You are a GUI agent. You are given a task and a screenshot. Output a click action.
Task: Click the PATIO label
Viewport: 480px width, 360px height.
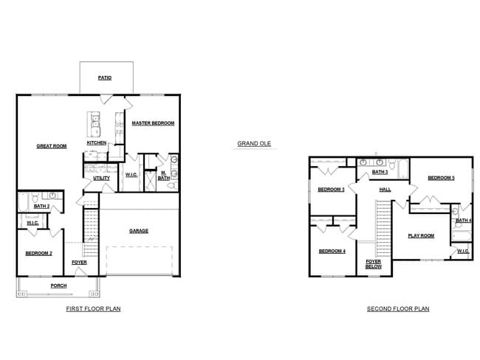(105, 77)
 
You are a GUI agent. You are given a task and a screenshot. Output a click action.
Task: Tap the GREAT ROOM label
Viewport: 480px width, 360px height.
(52, 146)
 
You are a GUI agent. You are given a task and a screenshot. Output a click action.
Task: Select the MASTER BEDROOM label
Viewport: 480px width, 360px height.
(153, 123)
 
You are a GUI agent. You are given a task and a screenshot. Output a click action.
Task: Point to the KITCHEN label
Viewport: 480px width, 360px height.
(97, 142)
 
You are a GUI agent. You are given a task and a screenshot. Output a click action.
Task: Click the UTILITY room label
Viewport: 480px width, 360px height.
(101, 178)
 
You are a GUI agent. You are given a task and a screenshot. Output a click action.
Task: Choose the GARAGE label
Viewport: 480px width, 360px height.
(139, 231)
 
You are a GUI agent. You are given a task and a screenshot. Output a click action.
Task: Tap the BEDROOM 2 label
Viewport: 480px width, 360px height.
(39, 253)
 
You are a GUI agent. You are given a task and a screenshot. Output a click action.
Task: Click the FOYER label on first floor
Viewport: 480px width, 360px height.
(79, 263)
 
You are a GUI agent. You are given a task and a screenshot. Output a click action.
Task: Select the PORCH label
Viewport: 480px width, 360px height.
(58, 285)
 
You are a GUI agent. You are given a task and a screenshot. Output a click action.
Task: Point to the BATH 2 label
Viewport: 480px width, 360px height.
(41, 207)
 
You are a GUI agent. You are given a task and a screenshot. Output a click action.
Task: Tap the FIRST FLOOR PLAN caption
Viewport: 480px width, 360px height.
(93, 309)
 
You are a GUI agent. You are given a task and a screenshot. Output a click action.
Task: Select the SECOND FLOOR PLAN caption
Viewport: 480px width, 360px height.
(398, 309)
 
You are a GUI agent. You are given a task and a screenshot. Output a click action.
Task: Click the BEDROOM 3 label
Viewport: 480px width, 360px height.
(331, 190)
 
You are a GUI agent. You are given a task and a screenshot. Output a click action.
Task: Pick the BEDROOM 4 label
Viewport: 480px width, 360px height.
(332, 252)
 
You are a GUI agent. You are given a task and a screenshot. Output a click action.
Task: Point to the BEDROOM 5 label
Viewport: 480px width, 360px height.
(441, 178)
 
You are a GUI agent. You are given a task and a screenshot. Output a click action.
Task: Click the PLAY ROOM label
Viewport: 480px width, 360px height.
(421, 236)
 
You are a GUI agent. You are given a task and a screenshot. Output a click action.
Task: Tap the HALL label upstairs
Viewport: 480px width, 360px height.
(385, 190)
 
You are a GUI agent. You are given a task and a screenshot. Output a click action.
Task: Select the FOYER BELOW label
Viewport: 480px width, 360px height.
(374, 263)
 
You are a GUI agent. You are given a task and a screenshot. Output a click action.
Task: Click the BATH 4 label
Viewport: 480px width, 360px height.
(463, 221)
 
